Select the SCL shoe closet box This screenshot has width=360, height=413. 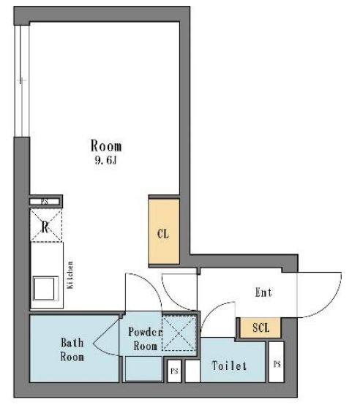tap(260, 328)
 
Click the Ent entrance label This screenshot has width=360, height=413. tap(263, 293)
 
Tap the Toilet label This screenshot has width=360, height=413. tap(229, 365)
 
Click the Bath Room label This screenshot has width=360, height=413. tap(72, 349)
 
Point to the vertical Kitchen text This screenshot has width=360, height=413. tap(71, 276)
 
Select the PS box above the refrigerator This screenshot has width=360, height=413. tap(44, 201)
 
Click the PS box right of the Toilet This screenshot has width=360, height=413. tap(277, 364)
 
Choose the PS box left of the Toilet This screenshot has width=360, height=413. tap(174, 371)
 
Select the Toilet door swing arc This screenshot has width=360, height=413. tap(212, 319)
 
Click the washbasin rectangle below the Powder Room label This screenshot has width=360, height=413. tap(143, 369)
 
